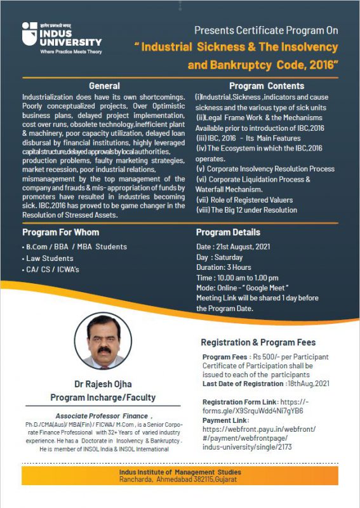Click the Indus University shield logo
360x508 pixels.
[30, 34]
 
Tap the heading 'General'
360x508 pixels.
[104, 86]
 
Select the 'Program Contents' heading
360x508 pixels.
[258, 86]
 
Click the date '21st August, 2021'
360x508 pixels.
[243, 246]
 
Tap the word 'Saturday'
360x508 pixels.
[230, 257]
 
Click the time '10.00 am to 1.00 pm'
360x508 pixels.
[248, 277]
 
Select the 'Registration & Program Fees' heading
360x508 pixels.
[258, 342]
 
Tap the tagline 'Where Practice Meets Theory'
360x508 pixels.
[70, 51]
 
